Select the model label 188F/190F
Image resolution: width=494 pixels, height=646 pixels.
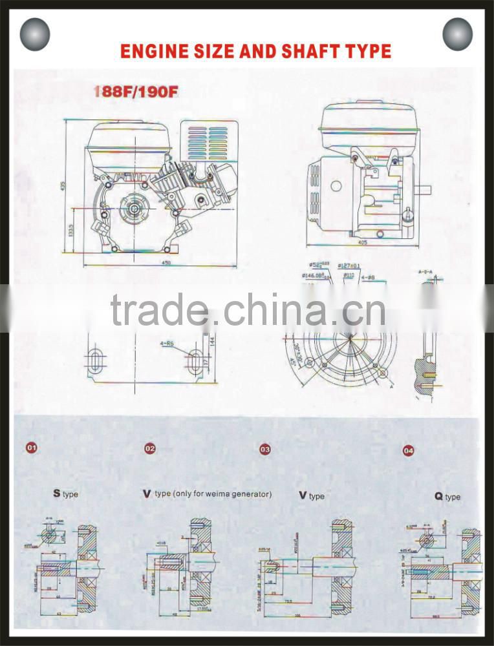(x=136, y=92)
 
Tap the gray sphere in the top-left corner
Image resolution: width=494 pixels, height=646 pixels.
(x=35, y=35)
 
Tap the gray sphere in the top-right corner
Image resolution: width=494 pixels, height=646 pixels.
(x=458, y=34)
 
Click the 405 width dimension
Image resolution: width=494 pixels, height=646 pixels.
(x=361, y=243)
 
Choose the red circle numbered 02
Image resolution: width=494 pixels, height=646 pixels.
(x=149, y=448)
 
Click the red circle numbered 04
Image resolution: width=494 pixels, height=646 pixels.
(x=408, y=450)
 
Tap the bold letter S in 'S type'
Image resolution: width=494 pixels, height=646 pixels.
(x=57, y=494)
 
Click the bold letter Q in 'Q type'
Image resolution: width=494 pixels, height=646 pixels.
(x=438, y=496)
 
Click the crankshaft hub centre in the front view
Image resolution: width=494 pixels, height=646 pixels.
(x=134, y=208)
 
